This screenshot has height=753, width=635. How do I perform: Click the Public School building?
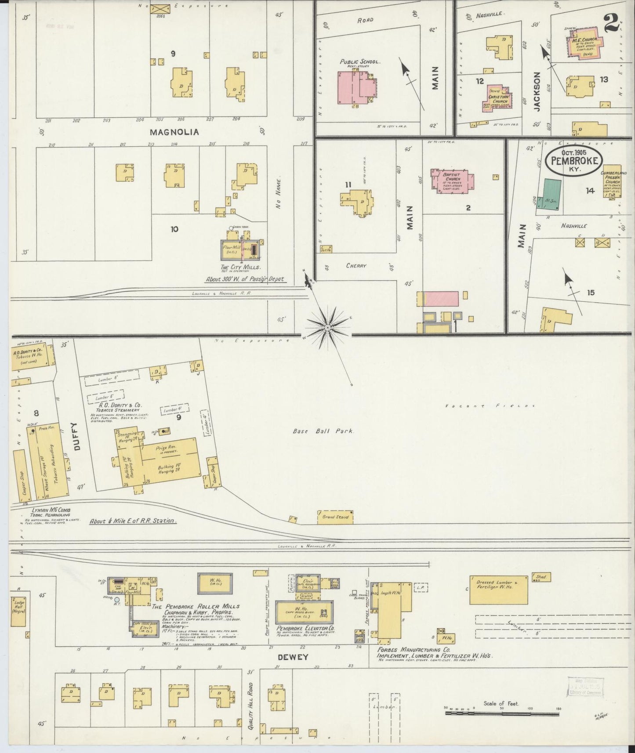coord(356,87)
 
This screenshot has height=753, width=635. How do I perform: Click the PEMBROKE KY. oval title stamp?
coord(574,161)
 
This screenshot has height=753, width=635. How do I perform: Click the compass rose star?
coord(327,327)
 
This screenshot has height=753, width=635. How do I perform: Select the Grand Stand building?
coord(336,517)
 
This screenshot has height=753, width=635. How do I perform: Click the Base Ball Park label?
coord(323,431)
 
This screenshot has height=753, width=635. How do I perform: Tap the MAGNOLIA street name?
coord(174,132)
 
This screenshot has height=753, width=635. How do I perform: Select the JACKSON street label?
coord(537,92)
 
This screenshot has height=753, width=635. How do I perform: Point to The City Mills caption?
coord(240,267)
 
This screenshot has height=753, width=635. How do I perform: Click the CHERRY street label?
coord(356,265)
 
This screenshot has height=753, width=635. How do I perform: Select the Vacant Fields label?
coord(490,405)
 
